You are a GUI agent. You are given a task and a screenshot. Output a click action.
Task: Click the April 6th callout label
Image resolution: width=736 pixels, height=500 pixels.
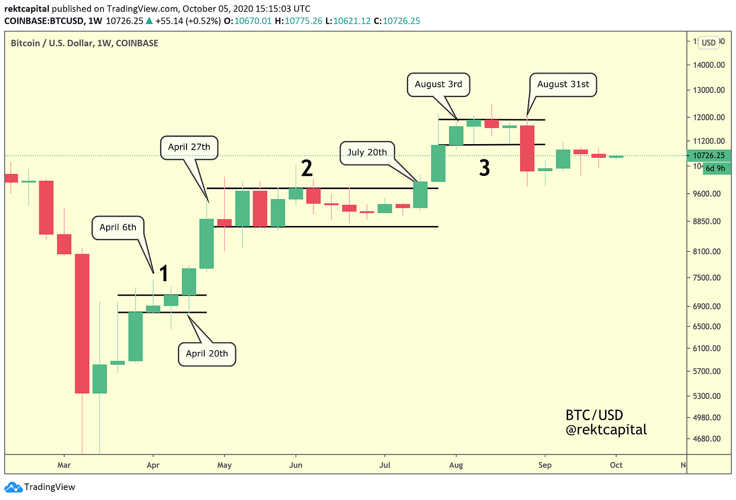tap(118, 228)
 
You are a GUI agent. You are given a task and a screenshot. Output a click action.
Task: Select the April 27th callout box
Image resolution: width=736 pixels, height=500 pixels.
tap(189, 147)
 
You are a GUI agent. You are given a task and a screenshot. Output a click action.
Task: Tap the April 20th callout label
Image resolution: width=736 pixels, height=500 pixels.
tap(207, 353)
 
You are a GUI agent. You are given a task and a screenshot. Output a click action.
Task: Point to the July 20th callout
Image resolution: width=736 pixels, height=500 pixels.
tap(367, 152)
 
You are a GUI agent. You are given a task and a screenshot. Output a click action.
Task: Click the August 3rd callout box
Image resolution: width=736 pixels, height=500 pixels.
tap(438, 84)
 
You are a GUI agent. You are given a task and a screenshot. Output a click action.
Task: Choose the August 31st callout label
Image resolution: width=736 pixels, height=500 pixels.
tap(563, 84)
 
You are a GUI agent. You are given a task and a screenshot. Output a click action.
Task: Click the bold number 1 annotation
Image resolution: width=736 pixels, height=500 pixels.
tap(163, 274)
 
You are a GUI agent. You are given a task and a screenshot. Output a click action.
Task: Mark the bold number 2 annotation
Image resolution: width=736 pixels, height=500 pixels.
tap(307, 168)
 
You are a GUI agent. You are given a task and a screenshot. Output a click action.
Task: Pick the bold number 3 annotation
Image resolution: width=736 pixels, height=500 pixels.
tap(484, 168)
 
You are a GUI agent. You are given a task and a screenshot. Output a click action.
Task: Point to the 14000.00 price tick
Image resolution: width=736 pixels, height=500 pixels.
tap(709, 65)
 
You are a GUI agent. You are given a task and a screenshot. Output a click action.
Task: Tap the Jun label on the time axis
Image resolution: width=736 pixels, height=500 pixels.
tap(296, 465)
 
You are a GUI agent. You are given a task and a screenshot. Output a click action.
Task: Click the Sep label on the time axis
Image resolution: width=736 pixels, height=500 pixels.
tap(545, 465)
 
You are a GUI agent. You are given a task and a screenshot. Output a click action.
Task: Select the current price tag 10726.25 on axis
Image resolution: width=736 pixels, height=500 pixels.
tap(709, 156)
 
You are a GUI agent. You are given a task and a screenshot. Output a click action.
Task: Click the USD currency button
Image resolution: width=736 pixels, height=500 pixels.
tap(709, 42)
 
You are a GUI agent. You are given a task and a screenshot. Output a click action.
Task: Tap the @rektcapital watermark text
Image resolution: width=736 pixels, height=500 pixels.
tap(606, 430)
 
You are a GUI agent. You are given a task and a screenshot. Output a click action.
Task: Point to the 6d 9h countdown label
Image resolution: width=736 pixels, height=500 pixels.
tap(715, 168)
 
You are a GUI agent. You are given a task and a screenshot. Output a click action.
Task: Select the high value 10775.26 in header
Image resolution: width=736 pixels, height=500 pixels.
tap(303, 21)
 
